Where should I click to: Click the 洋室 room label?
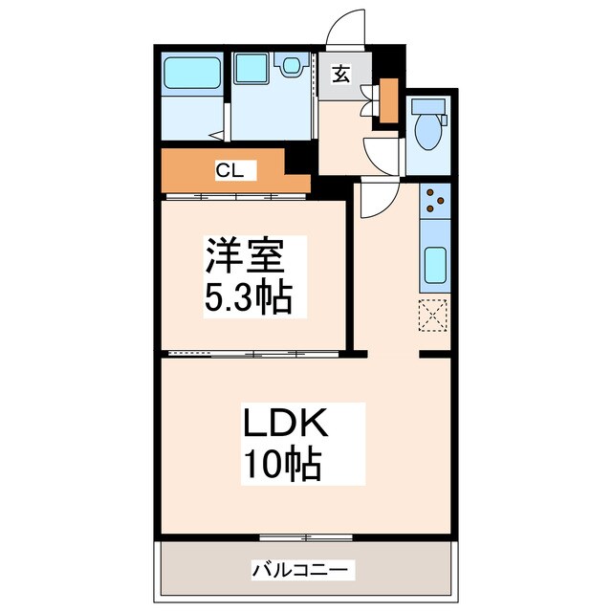click(x=243, y=257)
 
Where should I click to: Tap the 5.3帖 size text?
click(x=246, y=298)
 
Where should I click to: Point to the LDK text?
click(x=284, y=424)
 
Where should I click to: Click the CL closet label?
click(x=229, y=171)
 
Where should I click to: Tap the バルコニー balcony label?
click(x=303, y=571)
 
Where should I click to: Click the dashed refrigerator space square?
click(x=433, y=313)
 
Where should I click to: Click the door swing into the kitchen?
click(x=377, y=198)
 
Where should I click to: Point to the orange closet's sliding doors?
click(x=234, y=196)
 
